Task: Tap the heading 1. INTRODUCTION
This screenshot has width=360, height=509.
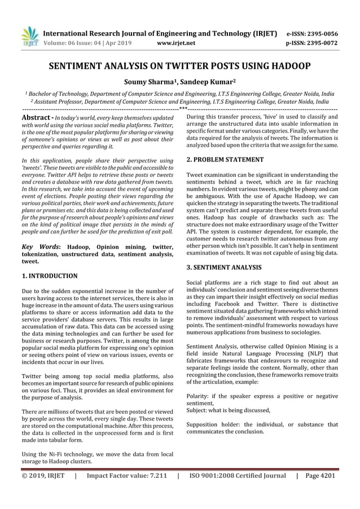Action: point(49,276)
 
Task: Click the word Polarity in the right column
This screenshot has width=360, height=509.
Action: point(198,395)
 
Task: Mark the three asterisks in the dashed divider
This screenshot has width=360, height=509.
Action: point(183,108)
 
